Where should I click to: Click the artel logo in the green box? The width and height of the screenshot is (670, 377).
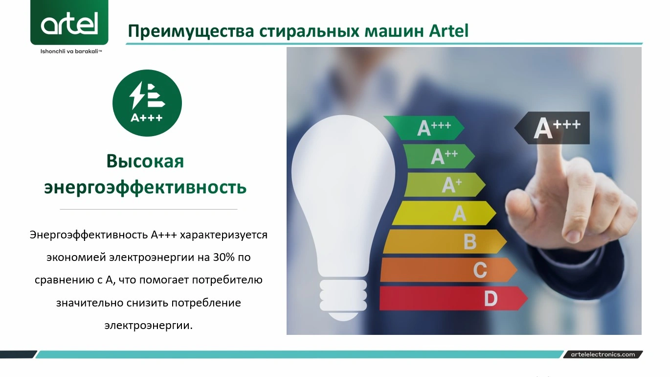click(x=69, y=23)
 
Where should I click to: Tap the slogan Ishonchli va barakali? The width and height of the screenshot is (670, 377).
click(x=71, y=51)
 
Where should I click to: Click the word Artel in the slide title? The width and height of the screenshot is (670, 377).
click(x=448, y=31)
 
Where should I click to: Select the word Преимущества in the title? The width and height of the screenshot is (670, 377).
click(x=191, y=31)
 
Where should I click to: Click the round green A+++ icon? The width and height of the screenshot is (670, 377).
click(x=147, y=103)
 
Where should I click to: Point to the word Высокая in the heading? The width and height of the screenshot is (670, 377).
click(x=145, y=161)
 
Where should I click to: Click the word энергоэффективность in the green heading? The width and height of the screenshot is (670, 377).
click(x=145, y=188)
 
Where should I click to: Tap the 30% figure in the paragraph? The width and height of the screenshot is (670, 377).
click(x=223, y=257)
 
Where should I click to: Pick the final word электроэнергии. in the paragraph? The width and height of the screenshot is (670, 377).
click(x=148, y=325)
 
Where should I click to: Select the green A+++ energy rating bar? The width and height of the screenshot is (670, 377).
click(x=424, y=128)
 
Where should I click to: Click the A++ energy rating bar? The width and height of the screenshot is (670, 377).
click(x=439, y=156)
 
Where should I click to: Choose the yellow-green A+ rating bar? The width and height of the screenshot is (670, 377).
click(x=445, y=185)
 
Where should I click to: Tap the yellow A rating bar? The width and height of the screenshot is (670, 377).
click(x=444, y=213)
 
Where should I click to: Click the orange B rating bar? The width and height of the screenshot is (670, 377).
click(x=445, y=241)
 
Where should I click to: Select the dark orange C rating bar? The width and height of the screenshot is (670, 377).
click(x=448, y=270)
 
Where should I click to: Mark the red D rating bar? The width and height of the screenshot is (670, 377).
click(x=453, y=298)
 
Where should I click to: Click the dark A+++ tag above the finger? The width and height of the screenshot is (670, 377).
click(x=552, y=128)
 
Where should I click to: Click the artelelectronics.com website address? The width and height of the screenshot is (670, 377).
click(x=603, y=354)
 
